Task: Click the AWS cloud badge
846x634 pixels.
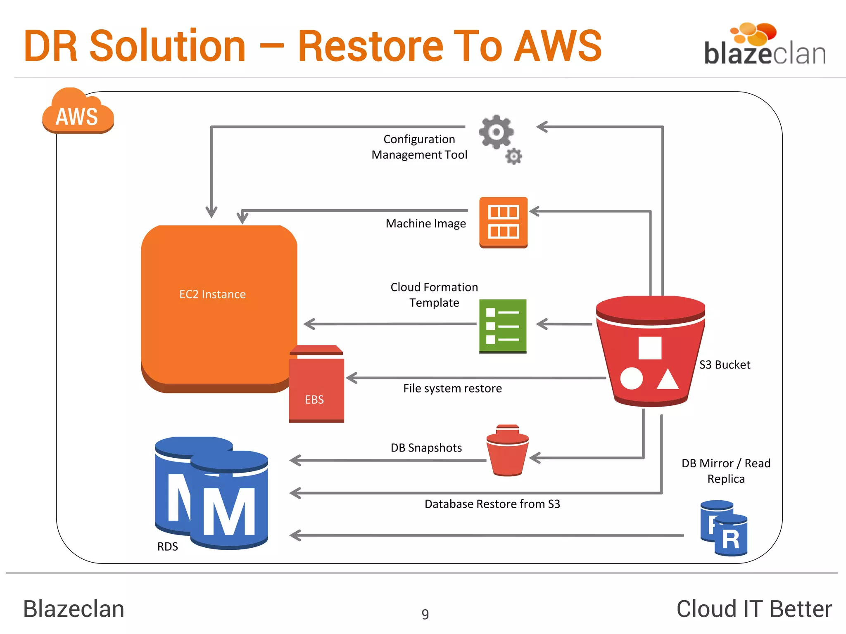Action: point(78,114)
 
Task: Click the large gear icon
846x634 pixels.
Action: point(496,132)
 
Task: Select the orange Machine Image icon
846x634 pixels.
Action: point(503,222)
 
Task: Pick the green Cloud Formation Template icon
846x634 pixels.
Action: point(503,326)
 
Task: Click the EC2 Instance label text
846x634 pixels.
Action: point(212,294)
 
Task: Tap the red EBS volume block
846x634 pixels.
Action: point(316,388)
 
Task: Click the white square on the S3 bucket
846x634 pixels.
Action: point(650,348)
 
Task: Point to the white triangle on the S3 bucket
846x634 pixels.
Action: point(668,381)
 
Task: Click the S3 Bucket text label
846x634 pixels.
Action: point(725,365)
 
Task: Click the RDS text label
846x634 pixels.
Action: point(167,546)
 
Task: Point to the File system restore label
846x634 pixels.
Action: point(452,388)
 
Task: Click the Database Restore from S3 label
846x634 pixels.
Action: point(492,504)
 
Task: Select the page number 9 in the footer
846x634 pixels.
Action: point(425,614)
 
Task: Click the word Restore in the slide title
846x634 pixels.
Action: point(371,46)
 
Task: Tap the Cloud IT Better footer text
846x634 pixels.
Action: point(754,609)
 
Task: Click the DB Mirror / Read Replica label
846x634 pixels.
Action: point(726,471)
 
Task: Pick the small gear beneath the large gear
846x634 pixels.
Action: point(514,156)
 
